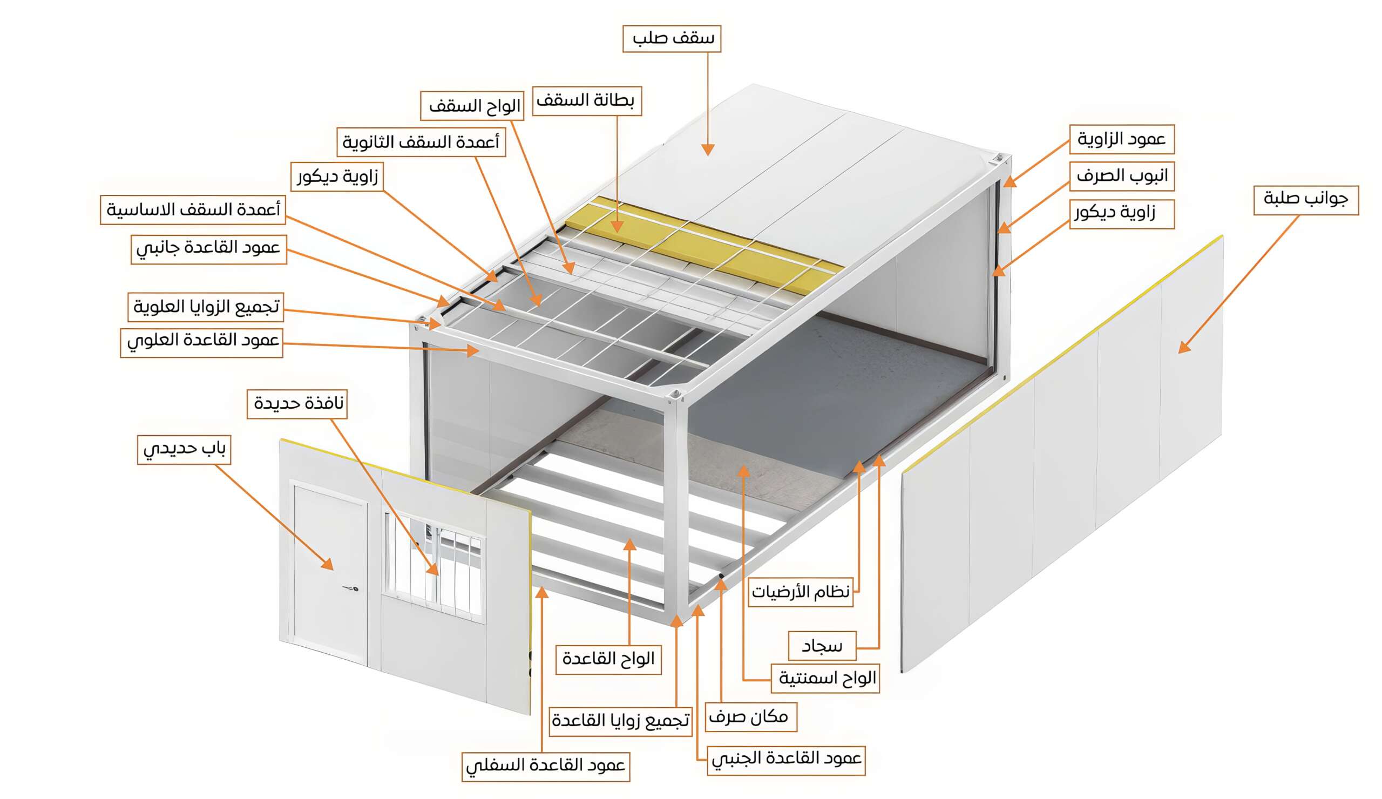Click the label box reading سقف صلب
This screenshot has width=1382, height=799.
click(671, 39)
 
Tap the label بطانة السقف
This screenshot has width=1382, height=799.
click(586, 101)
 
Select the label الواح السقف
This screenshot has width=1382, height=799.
click(472, 105)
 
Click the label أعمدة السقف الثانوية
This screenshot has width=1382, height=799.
click(421, 143)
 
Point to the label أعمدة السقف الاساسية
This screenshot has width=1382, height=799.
click(193, 209)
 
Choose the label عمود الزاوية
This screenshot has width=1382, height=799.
click(1121, 139)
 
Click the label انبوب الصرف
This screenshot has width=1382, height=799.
click(1121, 176)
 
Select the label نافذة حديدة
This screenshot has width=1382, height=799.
click(297, 404)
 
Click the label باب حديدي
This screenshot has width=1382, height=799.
click(184, 450)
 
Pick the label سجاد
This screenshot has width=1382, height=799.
click(821, 646)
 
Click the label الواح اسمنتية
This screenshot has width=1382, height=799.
click(825, 679)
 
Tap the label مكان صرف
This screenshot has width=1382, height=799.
click(750, 717)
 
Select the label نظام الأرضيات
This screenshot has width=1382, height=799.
click(800, 592)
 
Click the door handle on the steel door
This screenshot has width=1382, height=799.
click(352, 588)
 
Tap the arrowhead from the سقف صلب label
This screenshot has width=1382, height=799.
click(707, 150)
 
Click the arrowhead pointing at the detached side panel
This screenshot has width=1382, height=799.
click(1184, 347)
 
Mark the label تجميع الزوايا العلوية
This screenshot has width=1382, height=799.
click(206, 307)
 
